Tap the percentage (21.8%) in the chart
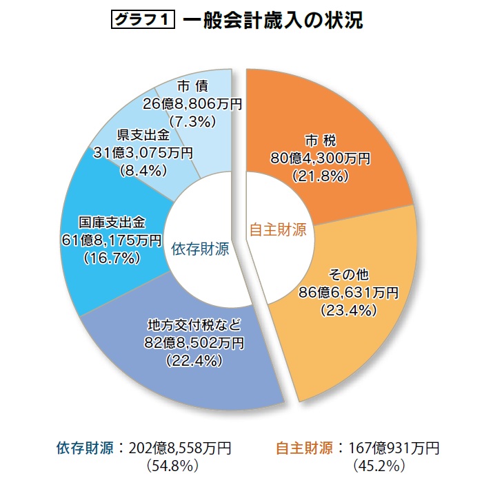320,176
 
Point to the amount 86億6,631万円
348,293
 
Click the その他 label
348,275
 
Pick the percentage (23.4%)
348,310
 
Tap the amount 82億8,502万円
193,342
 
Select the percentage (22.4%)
193,360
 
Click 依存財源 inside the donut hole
200,248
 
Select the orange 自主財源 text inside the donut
277,230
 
